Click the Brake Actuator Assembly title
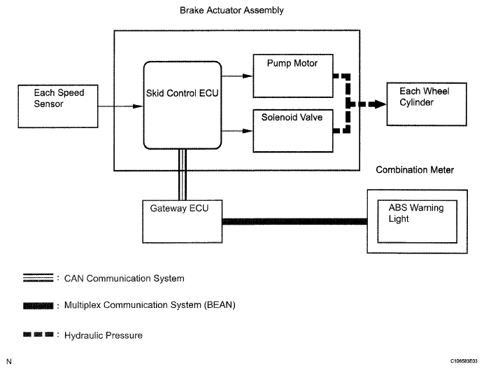point(232,10)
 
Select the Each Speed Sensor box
point(58,106)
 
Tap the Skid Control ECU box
point(183,105)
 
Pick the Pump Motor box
point(293,76)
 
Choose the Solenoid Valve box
point(293,131)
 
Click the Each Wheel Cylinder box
point(427,104)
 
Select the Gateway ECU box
point(182,221)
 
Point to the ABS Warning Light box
point(417,221)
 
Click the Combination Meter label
point(415,170)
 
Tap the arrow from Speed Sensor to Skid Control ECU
point(120,106)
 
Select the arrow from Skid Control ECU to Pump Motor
point(237,76)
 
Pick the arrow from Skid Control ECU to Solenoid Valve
point(237,131)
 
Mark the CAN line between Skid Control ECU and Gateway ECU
point(183,175)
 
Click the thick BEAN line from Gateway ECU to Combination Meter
point(294,221)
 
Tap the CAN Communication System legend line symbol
point(38,278)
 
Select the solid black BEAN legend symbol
point(38,306)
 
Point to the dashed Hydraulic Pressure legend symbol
point(38,334)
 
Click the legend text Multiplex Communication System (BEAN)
point(150,305)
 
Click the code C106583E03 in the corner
point(464,361)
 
